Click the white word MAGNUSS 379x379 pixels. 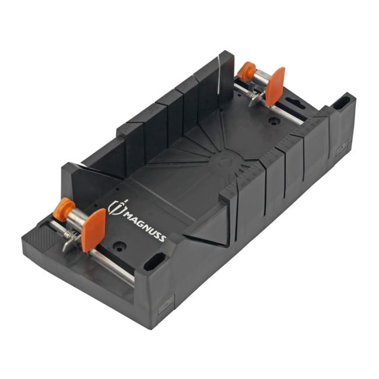tap(145, 226)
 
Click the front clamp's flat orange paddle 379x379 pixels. tap(93, 230)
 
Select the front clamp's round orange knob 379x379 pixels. tap(64, 209)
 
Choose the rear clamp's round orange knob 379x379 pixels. tap(246, 71)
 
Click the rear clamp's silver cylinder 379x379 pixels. tap(259, 78)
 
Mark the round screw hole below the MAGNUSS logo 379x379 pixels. tap(119, 247)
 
